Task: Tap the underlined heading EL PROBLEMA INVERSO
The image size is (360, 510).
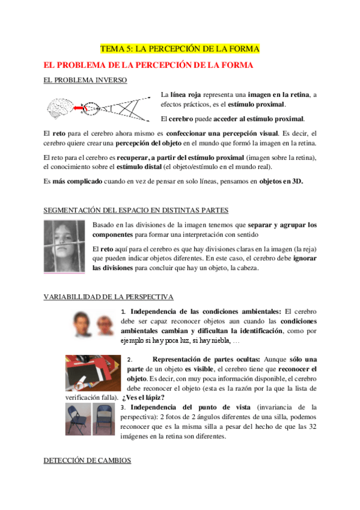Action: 85,79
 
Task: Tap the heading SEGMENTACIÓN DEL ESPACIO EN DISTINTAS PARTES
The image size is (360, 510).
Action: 136,210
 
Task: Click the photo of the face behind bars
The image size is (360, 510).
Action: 64,247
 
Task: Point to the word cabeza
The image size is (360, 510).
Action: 245,268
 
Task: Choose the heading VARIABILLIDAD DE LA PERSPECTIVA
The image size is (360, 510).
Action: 109,297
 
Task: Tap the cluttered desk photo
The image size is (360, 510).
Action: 93,373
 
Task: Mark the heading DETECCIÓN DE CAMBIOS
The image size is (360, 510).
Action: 87,460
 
